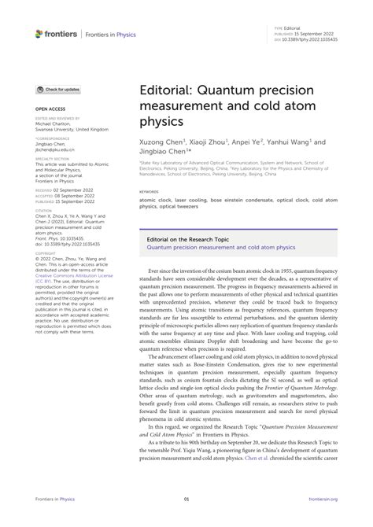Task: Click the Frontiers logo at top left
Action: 56,33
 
